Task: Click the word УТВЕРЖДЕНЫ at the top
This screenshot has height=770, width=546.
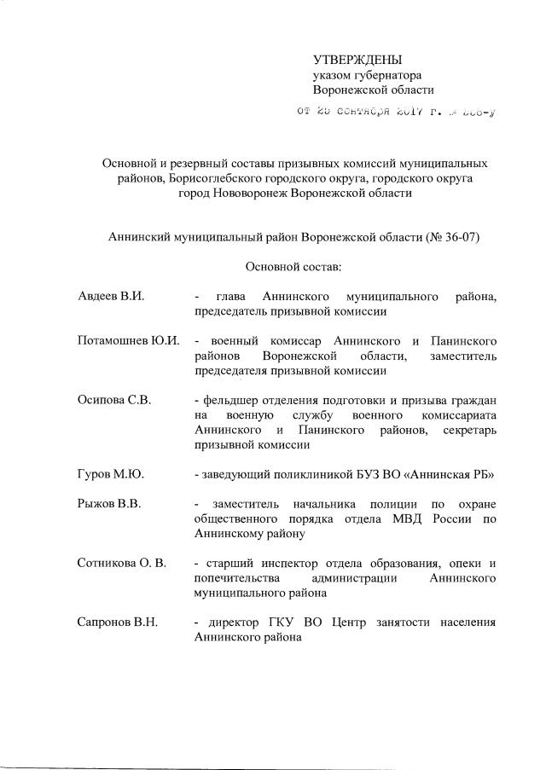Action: click(357, 60)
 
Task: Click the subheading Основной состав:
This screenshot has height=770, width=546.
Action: click(293, 267)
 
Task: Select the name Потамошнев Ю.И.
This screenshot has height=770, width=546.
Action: click(129, 341)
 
